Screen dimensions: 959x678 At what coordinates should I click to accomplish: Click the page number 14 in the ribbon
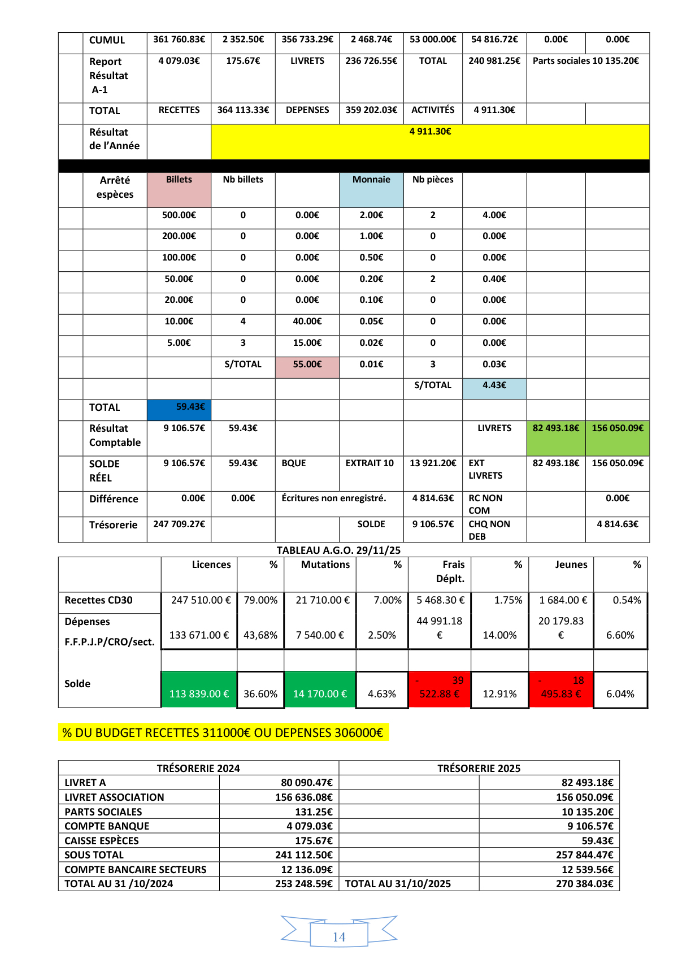(339, 936)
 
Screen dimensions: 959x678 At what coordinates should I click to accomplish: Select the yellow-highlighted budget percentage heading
(223, 732)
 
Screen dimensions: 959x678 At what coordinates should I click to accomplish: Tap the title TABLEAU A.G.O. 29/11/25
(338, 550)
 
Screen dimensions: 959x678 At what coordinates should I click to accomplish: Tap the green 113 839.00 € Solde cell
(199, 689)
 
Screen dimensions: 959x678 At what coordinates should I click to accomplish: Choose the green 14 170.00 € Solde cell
(320, 689)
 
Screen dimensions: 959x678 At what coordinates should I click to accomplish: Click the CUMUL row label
(107, 40)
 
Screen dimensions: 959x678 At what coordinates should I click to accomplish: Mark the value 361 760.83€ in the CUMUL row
(179, 40)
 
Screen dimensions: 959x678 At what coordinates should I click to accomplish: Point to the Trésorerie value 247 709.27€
(179, 524)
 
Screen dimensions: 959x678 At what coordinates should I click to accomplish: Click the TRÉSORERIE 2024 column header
(198, 768)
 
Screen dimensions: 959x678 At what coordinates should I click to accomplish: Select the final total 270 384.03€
(584, 883)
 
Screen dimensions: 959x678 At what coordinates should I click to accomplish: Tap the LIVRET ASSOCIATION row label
(114, 797)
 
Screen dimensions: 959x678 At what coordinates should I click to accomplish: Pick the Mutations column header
(325, 565)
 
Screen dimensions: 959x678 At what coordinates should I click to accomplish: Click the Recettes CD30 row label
(98, 600)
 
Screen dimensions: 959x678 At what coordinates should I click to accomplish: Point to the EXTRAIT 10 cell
(370, 463)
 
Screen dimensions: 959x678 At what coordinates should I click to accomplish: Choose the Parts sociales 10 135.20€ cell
(586, 61)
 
